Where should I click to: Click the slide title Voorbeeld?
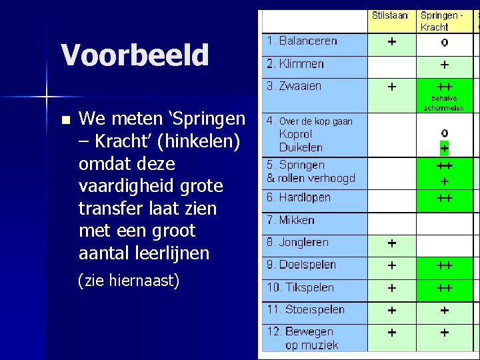pyautogui.click(x=135, y=55)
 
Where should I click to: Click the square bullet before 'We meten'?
pyautogui.click(x=65, y=121)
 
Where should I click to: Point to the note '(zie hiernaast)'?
pyautogui.click(x=129, y=281)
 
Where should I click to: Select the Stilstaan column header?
pyautogui.click(x=391, y=15)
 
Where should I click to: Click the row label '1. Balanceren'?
pyautogui.click(x=302, y=41)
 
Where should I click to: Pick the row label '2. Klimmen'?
pyautogui.click(x=295, y=64)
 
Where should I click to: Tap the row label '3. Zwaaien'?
pyautogui.click(x=294, y=86)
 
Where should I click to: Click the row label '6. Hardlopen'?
pyautogui.click(x=299, y=197)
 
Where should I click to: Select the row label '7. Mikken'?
pyautogui.click(x=291, y=220)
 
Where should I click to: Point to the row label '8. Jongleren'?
pyautogui.click(x=297, y=242)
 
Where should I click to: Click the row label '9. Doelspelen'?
pyautogui.click(x=301, y=265)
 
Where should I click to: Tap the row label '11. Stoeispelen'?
pyautogui.click(x=305, y=309)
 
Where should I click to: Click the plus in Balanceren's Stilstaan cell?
pyautogui.click(x=391, y=41)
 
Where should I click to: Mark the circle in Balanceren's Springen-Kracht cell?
pyautogui.click(x=444, y=43)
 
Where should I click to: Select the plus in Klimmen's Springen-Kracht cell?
pyautogui.click(x=444, y=65)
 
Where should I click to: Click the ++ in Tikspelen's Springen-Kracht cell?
pyautogui.click(x=444, y=288)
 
